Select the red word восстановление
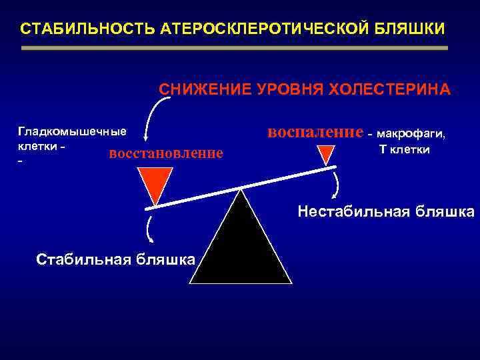click(165, 153)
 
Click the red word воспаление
click(315, 132)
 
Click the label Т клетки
click(404, 149)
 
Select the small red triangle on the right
click(325, 155)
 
